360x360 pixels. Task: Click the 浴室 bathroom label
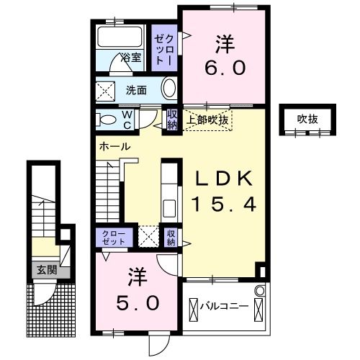click(x=130, y=57)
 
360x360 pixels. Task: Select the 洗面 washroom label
click(x=137, y=90)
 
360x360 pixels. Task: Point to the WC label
click(x=126, y=119)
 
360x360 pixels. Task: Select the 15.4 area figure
click(x=222, y=204)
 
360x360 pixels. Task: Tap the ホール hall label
click(x=114, y=146)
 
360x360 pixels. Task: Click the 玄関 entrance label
click(x=46, y=271)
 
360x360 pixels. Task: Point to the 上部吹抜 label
click(x=209, y=120)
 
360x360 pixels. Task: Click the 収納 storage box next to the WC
click(x=172, y=119)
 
